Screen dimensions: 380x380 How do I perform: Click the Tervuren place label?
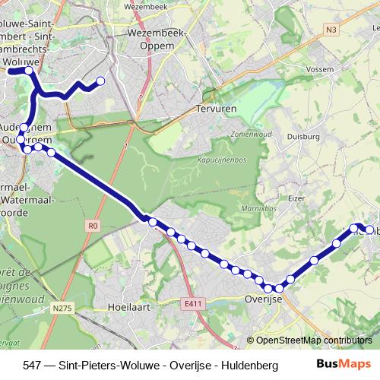[x=217, y=109]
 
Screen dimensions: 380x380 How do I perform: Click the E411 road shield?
[x=194, y=303]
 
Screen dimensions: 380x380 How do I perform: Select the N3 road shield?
[x=331, y=30]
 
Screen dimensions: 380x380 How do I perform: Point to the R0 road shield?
[x=93, y=225]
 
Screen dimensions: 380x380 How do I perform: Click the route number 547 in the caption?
[x=33, y=366]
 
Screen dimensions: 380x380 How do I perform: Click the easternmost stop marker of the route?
[x=370, y=230]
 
